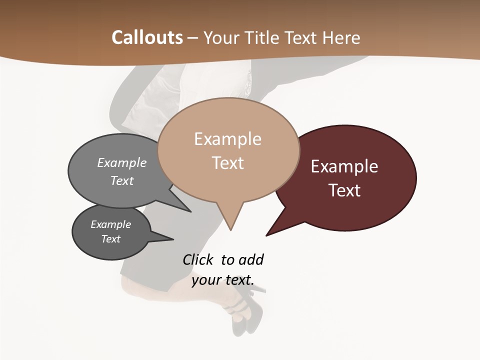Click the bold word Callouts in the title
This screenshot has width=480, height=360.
[x=147, y=37]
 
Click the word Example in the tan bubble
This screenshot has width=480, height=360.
[x=227, y=139]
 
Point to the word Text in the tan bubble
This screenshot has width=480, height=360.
[x=227, y=163]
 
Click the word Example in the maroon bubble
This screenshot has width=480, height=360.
[x=344, y=166]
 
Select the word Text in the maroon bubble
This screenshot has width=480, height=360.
[x=344, y=190]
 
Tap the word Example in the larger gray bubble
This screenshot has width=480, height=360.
[x=121, y=162]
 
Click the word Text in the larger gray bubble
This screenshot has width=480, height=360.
[x=121, y=180]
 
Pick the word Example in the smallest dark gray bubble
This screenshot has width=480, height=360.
[x=110, y=224]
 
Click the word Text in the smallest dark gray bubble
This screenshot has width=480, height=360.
[x=110, y=239]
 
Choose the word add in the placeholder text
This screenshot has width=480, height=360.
[x=250, y=259]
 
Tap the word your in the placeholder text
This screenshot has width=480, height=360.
[x=205, y=280]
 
